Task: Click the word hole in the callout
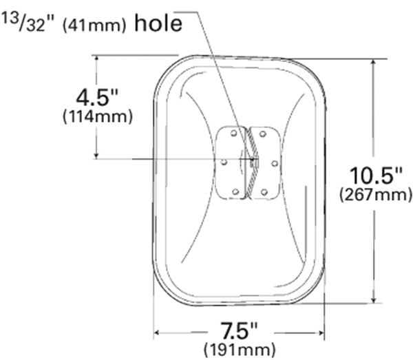point(158,24)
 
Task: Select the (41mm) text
point(94,25)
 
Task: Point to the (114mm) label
point(98,116)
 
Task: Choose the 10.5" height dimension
point(376,176)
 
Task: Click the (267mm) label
point(376,195)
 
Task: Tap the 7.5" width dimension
point(239,331)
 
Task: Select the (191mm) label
point(240,350)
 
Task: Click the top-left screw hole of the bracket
point(233,134)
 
